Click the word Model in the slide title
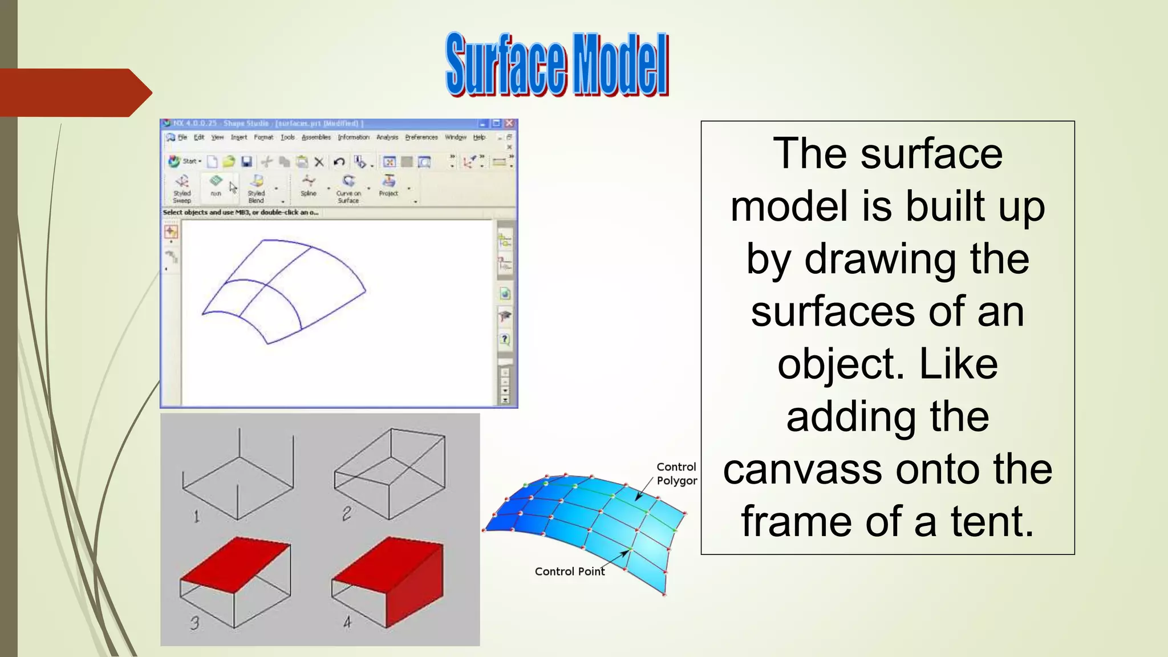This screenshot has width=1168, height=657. [620, 64]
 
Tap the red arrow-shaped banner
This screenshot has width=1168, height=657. [74, 92]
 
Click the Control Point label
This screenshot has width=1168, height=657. [569, 571]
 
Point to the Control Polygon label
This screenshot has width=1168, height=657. [676, 473]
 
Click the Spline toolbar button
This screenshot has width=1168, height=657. [309, 186]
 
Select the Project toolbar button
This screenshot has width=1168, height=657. [388, 186]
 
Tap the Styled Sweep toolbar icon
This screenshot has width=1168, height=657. [182, 187]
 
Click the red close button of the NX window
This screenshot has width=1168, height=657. [509, 123]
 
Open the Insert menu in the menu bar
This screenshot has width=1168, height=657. [238, 137]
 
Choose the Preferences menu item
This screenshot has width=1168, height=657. [421, 137]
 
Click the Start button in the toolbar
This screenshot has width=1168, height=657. [185, 161]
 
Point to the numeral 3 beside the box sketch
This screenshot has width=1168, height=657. [194, 623]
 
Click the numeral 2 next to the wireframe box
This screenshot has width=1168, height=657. [346, 514]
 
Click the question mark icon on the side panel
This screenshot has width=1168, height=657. [505, 339]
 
